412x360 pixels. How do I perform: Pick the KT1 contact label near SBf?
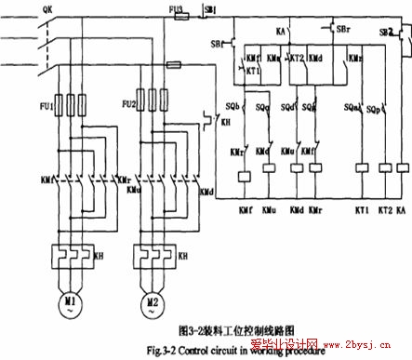tap(250, 70)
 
